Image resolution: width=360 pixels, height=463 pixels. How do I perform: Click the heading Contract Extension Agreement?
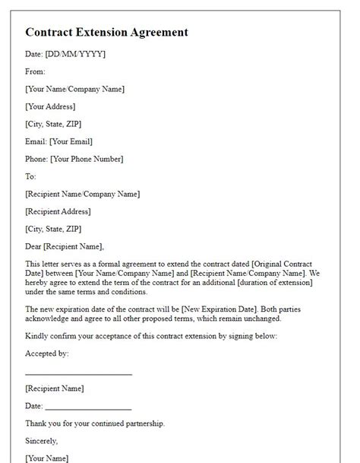pyautogui.click(x=106, y=33)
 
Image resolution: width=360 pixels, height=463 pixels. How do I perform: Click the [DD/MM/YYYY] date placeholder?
pyautogui.click(x=75, y=54)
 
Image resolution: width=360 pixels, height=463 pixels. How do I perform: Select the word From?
pyautogui.click(x=35, y=71)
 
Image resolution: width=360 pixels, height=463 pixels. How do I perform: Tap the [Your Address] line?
pyautogui.click(x=50, y=106)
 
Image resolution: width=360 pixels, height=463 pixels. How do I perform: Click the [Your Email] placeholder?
pyautogui.click(x=73, y=141)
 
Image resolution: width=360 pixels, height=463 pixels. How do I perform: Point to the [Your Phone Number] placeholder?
pyautogui.click(x=86, y=159)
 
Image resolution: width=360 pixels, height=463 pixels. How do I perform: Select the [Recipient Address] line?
pyautogui.click(x=58, y=211)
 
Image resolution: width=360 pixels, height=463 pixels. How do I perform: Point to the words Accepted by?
pyautogui.click(x=47, y=354)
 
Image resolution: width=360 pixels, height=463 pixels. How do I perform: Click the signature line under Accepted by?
pyautogui.click(x=78, y=374)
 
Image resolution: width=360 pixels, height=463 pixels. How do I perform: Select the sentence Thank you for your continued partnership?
pyautogui.click(x=94, y=423)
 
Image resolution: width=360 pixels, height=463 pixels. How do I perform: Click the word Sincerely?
pyautogui.click(x=41, y=441)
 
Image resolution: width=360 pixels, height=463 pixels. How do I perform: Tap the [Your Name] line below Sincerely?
pyautogui.click(x=46, y=458)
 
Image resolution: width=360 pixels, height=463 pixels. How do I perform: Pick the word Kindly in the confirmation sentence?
pyautogui.click(x=36, y=336)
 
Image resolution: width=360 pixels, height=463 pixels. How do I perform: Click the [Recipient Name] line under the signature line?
pyautogui.click(x=54, y=388)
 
